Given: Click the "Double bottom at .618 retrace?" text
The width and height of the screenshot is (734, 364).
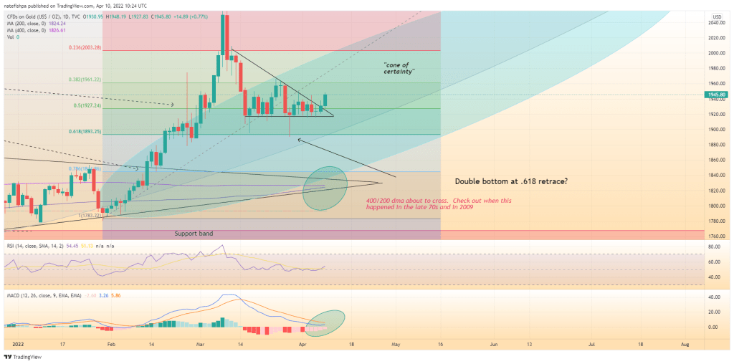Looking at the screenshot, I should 512,182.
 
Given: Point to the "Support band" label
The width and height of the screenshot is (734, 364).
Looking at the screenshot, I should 194,234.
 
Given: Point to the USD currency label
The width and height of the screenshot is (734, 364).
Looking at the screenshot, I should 717,16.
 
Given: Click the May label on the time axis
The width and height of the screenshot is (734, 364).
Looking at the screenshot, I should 394,345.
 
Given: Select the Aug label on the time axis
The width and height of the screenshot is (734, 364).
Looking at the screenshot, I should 685,345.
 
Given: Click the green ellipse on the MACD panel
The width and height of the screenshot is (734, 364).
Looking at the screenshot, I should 325,322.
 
